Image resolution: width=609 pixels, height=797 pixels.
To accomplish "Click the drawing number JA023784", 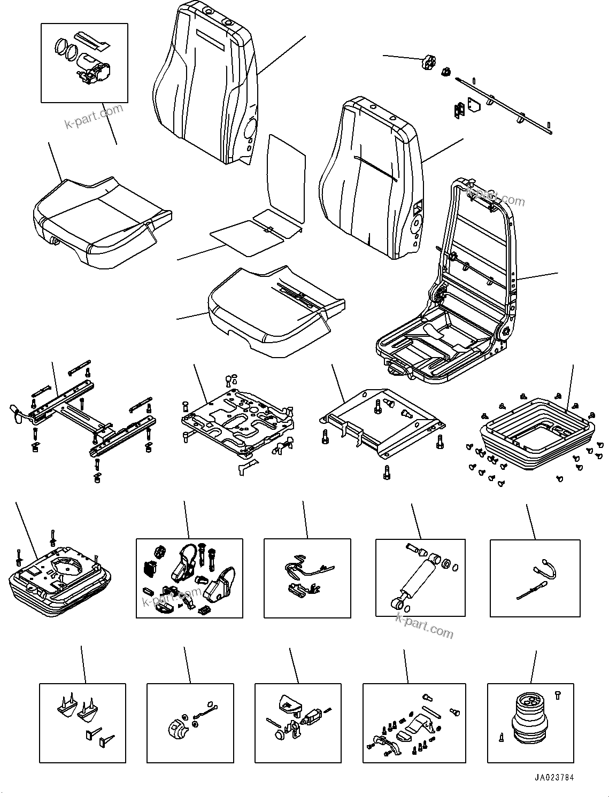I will [x=553, y=778].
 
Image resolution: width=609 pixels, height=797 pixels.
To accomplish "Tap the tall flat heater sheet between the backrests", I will [x=286, y=176].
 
